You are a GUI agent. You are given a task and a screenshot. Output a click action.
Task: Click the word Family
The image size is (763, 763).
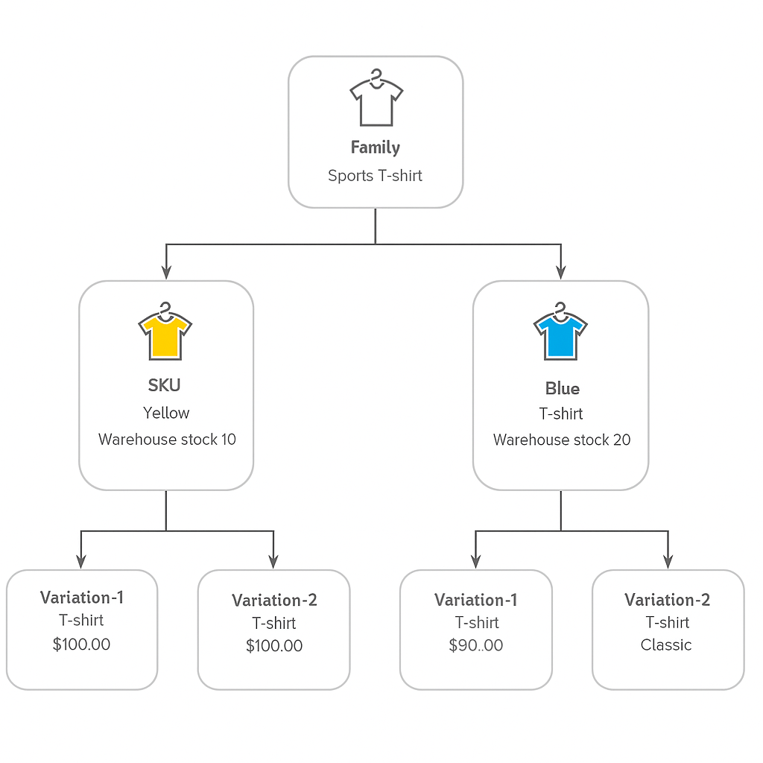click(x=376, y=148)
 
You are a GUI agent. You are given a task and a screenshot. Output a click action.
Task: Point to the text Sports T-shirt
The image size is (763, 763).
click(x=376, y=176)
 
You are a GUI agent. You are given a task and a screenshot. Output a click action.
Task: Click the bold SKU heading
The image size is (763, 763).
click(x=165, y=385)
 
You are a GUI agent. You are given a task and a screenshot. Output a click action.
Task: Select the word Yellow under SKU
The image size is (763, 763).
click(x=166, y=413)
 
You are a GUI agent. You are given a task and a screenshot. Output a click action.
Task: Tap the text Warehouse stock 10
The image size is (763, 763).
click(x=167, y=440)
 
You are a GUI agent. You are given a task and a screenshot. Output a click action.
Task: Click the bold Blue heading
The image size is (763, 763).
click(x=562, y=388)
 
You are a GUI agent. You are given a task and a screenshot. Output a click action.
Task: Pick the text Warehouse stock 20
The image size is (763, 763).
click(x=562, y=440)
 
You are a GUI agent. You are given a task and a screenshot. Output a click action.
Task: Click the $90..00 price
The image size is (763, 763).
click(x=476, y=646)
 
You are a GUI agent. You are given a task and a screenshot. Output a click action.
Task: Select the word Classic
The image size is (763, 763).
click(x=666, y=645)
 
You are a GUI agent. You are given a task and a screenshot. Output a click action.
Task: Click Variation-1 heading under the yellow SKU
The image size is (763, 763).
click(x=82, y=598)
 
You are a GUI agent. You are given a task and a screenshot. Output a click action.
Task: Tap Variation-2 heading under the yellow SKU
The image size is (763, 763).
click(x=274, y=601)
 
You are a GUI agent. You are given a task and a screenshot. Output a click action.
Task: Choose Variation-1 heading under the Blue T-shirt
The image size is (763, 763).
click(x=476, y=600)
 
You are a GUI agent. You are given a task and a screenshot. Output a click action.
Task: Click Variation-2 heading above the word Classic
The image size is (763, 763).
click(x=668, y=600)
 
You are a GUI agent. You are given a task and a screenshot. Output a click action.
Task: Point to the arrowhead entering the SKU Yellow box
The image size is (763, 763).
click(x=166, y=272)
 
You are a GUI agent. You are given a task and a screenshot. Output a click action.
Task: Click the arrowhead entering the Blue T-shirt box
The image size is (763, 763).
click(x=561, y=272)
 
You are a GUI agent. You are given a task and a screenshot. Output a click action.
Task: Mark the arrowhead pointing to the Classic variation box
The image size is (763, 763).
click(x=668, y=560)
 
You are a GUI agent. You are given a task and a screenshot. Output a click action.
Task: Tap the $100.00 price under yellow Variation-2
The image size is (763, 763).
click(x=274, y=646)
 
